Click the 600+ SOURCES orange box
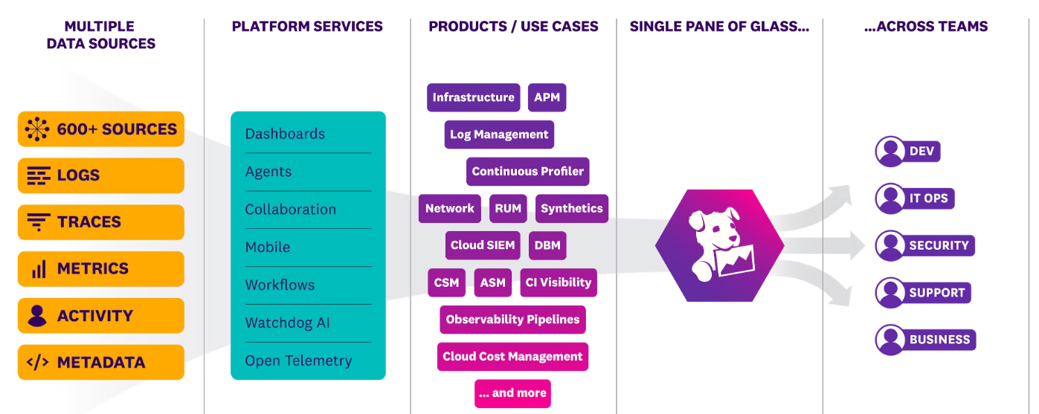[101, 129]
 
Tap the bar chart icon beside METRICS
[38, 269]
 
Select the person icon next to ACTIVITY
[37, 316]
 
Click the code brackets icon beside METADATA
[38, 363]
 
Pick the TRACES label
[89, 222]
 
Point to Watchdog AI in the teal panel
[288, 323]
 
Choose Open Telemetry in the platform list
[298, 361]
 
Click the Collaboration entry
[291, 210]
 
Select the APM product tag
[547, 97]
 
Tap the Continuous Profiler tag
[528, 172]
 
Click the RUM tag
[508, 209]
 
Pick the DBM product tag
[547, 245]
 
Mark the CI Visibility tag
[559, 282]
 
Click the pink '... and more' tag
[512, 393]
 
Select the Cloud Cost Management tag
[512, 357]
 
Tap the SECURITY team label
[939, 245]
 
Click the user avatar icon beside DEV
[890, 152]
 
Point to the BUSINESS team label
[939, 340]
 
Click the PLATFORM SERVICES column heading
[307, 27]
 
